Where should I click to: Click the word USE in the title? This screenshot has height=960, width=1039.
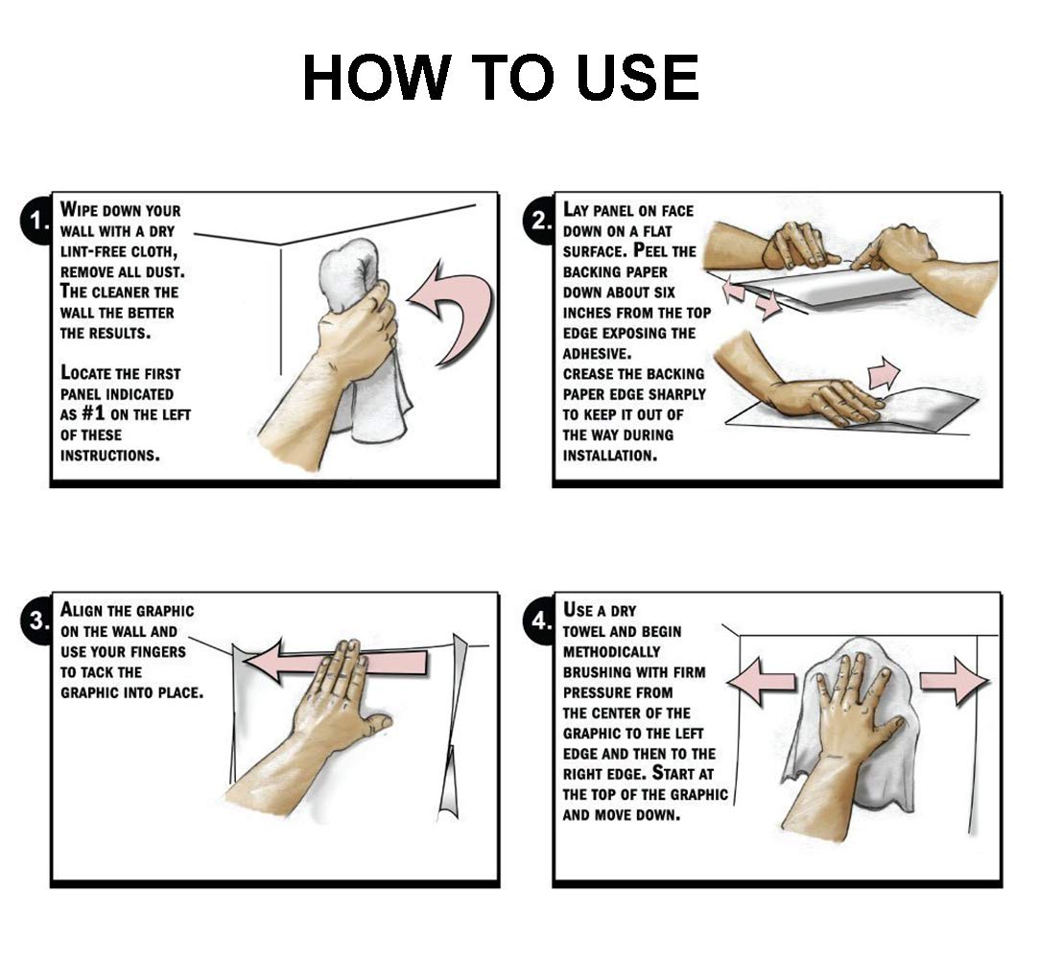click(637, 78)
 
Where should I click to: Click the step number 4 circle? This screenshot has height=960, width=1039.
click(540, 621)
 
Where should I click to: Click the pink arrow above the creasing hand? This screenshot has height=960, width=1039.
click(884, 373)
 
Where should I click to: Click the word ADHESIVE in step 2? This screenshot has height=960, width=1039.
click(597, 353)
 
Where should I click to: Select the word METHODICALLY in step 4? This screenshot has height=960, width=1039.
click(612, 652)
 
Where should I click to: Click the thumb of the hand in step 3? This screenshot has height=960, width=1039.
click(376, 724)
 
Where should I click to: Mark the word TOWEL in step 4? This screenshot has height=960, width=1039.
click(582, 632)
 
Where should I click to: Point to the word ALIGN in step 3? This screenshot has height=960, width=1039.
click(81, 610)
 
